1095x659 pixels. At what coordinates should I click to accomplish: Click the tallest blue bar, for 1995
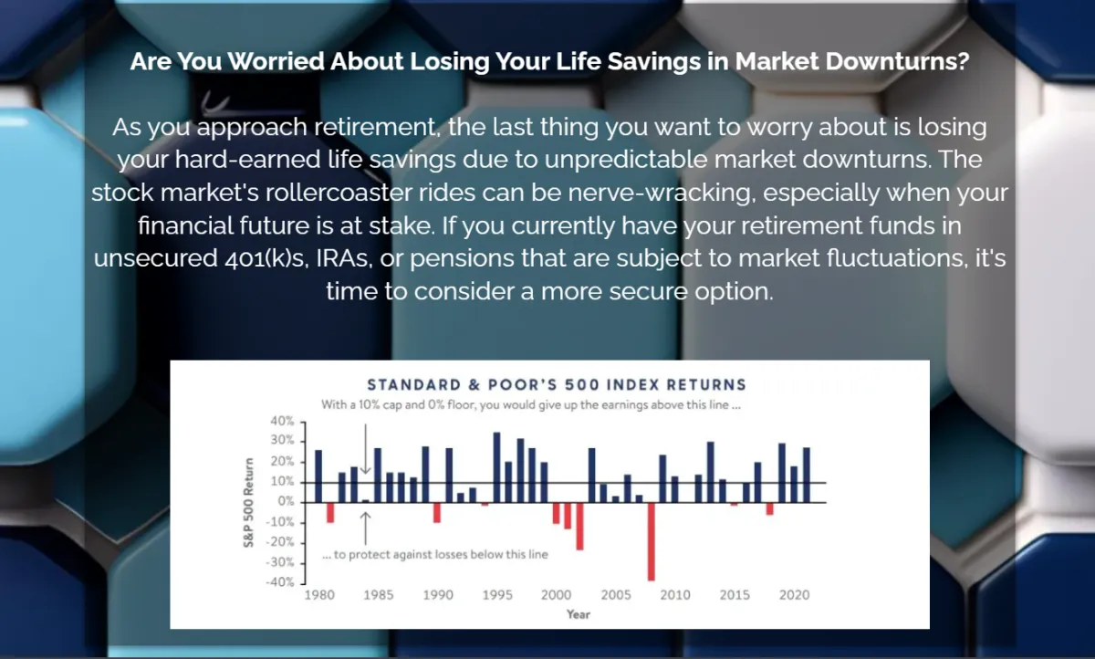point(496,467)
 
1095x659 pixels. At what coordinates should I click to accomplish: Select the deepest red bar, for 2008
point(652,541)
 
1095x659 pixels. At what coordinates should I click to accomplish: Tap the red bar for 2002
point(579,527)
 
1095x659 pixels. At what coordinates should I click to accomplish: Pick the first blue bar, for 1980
point(318,476)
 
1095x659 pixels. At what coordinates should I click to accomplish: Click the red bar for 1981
point(330,513)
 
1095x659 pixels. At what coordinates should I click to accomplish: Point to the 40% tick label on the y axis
point(282,421)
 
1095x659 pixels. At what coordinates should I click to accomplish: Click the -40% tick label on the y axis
point(280,582)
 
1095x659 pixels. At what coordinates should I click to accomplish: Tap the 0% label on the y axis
point(286,502)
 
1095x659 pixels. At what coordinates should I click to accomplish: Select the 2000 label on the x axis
point(556,595)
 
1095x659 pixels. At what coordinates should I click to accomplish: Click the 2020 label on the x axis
point(795,595)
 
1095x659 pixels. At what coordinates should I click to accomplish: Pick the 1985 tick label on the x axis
point(379,595)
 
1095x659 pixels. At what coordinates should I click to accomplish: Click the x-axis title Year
point(579,614)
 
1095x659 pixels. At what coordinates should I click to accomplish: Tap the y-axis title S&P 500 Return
point(249,503)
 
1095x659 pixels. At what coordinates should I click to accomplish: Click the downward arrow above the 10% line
point(365,449)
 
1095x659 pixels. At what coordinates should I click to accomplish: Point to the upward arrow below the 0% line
point(365,528)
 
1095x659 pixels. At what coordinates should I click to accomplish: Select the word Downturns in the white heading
point(898,61)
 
